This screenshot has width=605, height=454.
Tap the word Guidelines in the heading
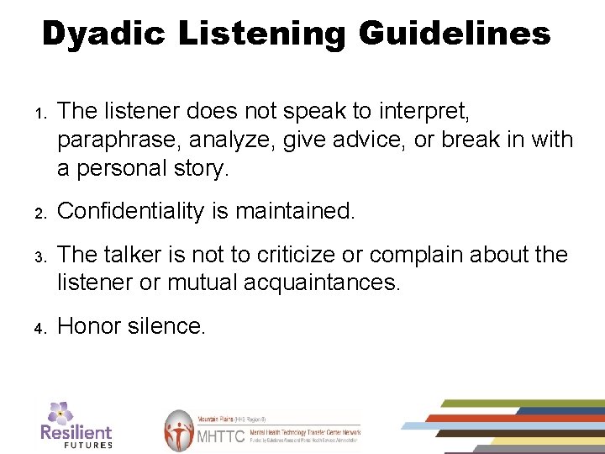click(x=454, y=34)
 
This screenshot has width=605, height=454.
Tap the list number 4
click(x=39, y=328)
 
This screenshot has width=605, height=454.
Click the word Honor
click(x=89, y=326)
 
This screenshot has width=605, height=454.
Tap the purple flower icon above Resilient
click(x=60, y=412)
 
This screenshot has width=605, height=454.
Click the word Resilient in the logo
click(x=76, y=431)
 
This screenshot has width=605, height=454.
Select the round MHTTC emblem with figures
click(x=178, y=430)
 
